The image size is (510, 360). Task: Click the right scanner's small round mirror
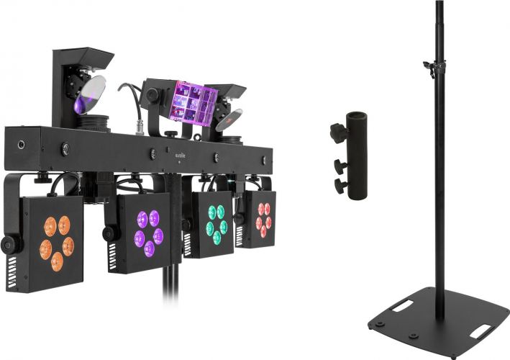pyautogui.click(x=229, y=119)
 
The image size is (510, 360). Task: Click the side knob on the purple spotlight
pyautogui.click(x=109, y=234)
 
